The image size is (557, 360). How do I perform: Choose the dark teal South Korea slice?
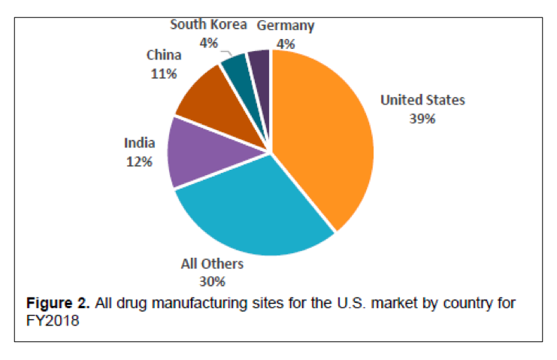[235, 71]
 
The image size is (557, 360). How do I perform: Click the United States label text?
[422, 101]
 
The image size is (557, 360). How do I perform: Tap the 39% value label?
[422, 118]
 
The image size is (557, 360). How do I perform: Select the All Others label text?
[212, 265]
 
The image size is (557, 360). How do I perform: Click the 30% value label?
[212, 281]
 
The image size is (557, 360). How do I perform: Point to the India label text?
[140, 143]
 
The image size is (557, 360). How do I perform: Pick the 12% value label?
[140, 160]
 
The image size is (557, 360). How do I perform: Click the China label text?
[163, 56]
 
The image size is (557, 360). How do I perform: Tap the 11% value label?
[163, 74]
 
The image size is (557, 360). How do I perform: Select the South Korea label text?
[208, 25]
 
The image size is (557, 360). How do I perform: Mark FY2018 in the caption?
[53, 320]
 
